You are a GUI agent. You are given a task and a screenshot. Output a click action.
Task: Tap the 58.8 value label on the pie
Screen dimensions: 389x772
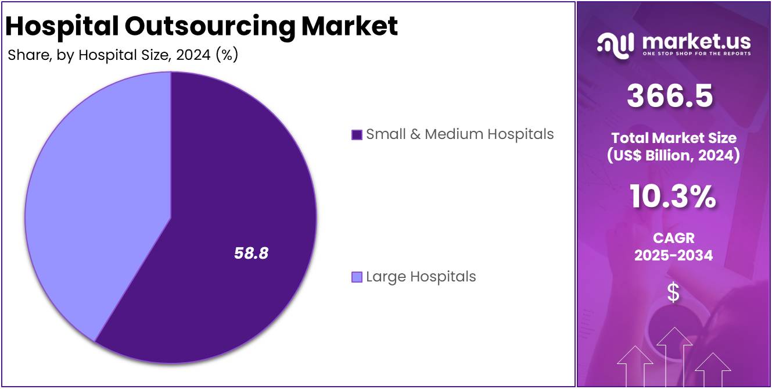(x=251, y=253)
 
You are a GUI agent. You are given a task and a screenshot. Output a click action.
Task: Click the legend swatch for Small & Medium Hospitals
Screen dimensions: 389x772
(x=357, y=135)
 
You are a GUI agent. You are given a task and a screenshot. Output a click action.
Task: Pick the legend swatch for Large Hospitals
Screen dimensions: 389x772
(x=357, y=277)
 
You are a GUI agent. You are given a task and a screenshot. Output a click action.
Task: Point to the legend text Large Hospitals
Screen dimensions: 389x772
(x=421, y=277)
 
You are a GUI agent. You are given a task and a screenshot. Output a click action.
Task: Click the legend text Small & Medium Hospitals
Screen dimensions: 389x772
(x=459, y=134)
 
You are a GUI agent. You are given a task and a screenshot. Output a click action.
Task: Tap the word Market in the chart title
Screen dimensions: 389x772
(x=354, y=26)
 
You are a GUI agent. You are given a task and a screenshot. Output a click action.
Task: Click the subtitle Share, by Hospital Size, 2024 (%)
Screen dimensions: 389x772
(x=123, y=55)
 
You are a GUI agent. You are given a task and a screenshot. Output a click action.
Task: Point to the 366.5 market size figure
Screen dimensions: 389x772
(x=669, y=96)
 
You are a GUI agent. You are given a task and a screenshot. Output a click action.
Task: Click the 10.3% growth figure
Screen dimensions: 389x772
(x=673, y=198)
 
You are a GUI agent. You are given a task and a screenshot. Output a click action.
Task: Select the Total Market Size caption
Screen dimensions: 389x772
(x=673, y=138)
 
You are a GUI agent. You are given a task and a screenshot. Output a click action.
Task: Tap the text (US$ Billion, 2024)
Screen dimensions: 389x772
(x=673, y=156)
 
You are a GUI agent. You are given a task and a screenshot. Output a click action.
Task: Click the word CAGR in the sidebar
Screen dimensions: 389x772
(x=673, y=238)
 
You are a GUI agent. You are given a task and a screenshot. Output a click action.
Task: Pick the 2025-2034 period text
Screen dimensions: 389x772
(x=673, y=255)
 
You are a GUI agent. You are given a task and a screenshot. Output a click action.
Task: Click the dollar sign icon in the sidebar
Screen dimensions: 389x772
(x=673, y=292)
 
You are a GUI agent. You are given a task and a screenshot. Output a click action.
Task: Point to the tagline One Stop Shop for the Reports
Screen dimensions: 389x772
(x=696, y=53)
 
